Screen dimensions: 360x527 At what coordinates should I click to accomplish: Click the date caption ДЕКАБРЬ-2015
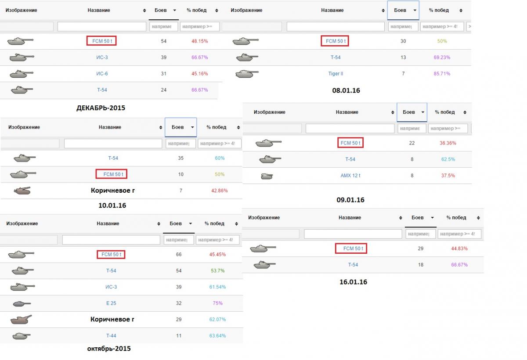(x=101, y=108)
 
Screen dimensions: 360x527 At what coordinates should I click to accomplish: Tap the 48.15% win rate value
(x=199, y=41)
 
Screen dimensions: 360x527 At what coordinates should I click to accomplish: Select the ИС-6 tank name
(x=102, y=73)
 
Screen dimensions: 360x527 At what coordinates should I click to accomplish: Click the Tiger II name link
(x=336, y=73)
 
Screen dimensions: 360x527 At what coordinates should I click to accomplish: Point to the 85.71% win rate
(x=442, y=73)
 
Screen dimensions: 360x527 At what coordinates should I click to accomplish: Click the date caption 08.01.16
(x=346, y=90)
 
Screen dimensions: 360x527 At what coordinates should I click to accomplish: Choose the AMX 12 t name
(x=350, y=176)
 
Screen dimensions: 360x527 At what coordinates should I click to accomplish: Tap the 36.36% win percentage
(x=448, y=143)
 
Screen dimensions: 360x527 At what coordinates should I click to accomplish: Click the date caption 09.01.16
(x=350, y=200)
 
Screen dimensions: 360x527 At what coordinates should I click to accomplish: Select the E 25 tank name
(x=111, y=303)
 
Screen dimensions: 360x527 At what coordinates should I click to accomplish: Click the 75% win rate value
(x=217, y=303)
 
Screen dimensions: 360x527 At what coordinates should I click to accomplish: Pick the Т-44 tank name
(x=111, y=336)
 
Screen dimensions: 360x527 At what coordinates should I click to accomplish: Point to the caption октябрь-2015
(x=109, y=349)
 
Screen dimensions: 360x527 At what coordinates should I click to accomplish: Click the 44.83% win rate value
(x=459, y=248)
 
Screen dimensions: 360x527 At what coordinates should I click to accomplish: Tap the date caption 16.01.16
(x=353, y=282)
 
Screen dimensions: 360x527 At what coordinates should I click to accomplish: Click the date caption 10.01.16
(x=112, y=205)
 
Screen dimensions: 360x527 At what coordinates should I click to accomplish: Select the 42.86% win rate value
(x=220, y=191)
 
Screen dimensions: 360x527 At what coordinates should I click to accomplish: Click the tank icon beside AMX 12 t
(x=267, y=176)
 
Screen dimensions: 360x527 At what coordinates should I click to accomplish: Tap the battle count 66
(x=179, y=254)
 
